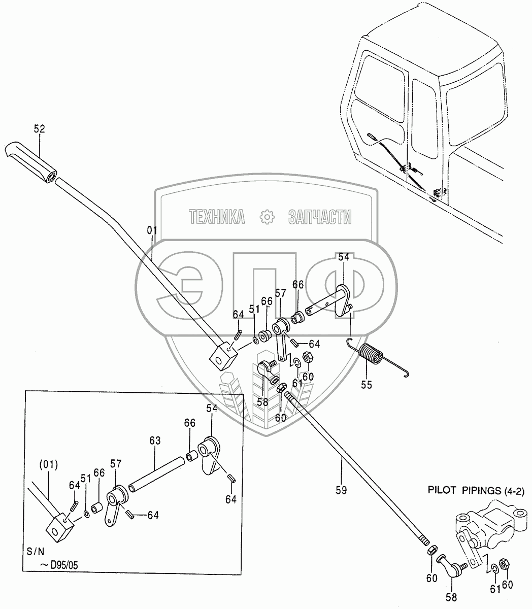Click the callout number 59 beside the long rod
[x=342, y=490]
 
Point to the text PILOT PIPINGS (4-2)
[x=476, y=491]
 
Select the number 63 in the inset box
[x=154, y=441]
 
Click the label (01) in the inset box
[x=49, y=463]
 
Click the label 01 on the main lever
[x=152, y=230]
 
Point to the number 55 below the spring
[x=365, y=385]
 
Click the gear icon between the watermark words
[x=267, y=217]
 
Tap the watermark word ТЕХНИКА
[x=217, y=217]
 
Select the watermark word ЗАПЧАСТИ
[x=320, y=217]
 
